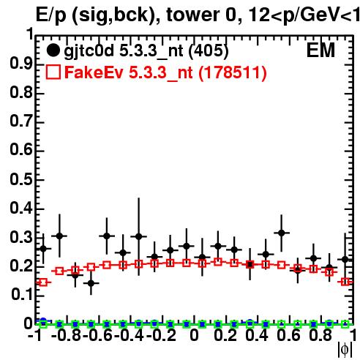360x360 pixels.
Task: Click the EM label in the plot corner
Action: [320, 50]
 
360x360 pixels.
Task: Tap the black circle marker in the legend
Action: [53, 50]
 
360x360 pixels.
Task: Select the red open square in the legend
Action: [53, 72]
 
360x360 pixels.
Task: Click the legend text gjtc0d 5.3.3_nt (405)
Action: [146, 51]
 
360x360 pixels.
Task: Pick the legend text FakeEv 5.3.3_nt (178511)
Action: [165, 72]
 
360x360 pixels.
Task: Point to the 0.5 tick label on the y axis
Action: [21, 179]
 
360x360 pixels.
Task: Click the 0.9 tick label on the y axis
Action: [21, 64]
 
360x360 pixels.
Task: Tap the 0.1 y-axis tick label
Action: [21, 295]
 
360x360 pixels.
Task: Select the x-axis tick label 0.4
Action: [257, 335]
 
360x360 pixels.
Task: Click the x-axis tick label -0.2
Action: [161, 335]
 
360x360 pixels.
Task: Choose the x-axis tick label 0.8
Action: [320, 335]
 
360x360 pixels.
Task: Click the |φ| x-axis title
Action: [345, 350]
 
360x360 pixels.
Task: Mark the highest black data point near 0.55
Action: [282, 233]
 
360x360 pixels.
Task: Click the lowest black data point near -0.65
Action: [91, 283]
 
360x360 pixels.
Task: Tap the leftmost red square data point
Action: [43, 282]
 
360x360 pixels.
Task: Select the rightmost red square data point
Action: [345, 282]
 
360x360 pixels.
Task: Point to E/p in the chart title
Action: [51, 16]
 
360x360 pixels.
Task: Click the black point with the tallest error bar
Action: [138, 236]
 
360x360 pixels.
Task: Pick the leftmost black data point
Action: [43, 249]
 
